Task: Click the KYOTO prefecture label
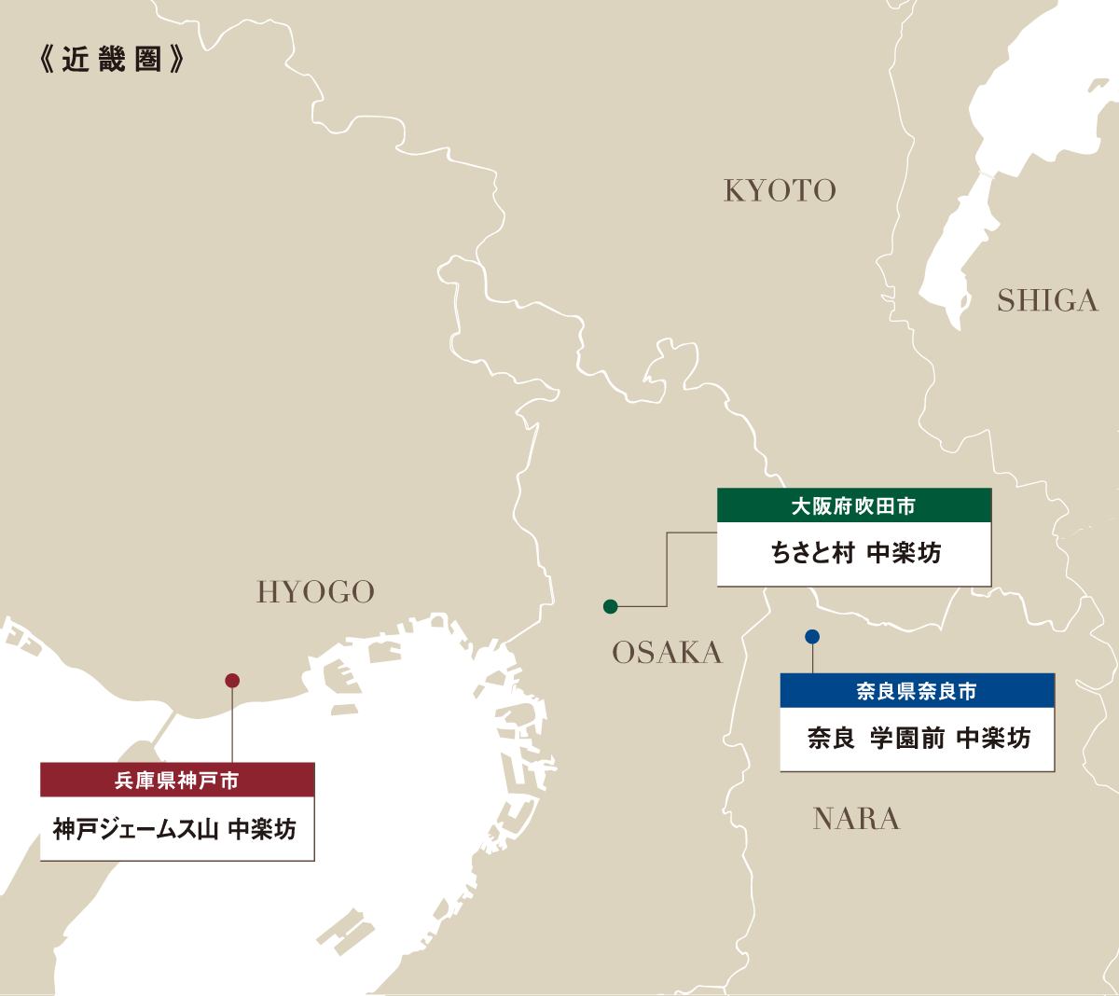coord(780,190)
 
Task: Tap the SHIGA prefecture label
coord(1047,300)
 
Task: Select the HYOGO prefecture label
coord(315,592)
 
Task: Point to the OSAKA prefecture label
coord(667,653)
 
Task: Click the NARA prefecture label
coord(856,819)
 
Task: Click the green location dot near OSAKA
coord(611,607)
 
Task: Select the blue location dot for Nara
coord(812,637)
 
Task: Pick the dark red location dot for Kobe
coord(232,681)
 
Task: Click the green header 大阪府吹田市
coord(853,505)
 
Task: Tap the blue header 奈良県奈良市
coord(917,691)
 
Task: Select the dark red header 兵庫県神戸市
coord(177,781)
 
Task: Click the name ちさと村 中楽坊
coord(855,553)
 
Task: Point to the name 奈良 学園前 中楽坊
coord(918,739)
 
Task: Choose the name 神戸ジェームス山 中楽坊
coord(175,829)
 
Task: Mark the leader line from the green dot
coord(667,569)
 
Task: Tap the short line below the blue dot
coord(813,658)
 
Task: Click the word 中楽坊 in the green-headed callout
coord(904,553)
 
